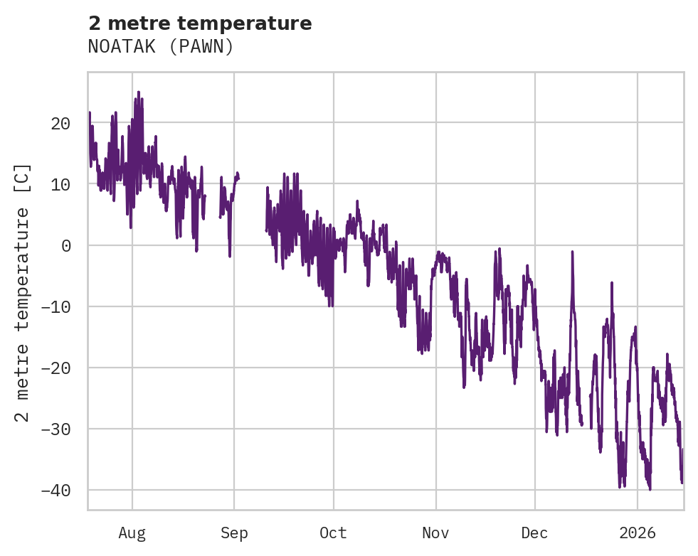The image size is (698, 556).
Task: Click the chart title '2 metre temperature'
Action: tap(200, 23)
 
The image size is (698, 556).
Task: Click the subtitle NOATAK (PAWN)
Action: tap(161, 47)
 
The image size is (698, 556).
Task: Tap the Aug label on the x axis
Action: tap(132, 533)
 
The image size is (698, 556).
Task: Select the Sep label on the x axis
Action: tap(234, 533)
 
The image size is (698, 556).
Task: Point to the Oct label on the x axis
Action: tap(333, 533)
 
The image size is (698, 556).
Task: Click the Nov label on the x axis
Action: tap(435, 533)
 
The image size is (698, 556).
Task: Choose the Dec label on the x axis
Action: tap(534, 533)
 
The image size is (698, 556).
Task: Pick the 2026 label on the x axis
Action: tap(638, 533)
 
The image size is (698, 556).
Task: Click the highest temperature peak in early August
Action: tap(139, 92)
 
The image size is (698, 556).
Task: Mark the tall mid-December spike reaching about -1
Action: tap(572, 252)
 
